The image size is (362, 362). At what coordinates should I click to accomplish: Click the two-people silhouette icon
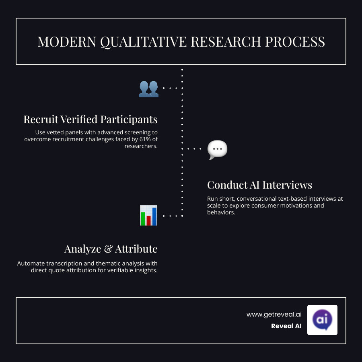(x=148, y=88)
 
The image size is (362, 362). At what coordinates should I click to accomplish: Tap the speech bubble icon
(x=217, y=150)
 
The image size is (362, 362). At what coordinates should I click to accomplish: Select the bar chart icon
(x=148, y=215)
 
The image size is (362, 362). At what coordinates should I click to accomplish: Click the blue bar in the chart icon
(x=154, y=216)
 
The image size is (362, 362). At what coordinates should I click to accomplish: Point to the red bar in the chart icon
(x=148, y=220)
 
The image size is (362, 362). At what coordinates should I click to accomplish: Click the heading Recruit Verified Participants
(x=90, y=119)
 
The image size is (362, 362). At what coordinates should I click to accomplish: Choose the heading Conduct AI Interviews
(x=259, y=185)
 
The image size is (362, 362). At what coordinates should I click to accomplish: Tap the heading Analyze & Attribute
(x=111, y=249)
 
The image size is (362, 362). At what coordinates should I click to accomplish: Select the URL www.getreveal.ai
(x=274, y=315)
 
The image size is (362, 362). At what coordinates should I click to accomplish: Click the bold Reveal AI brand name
(x=286, y=326)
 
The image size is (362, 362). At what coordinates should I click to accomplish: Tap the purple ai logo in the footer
(x=322, y=320)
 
